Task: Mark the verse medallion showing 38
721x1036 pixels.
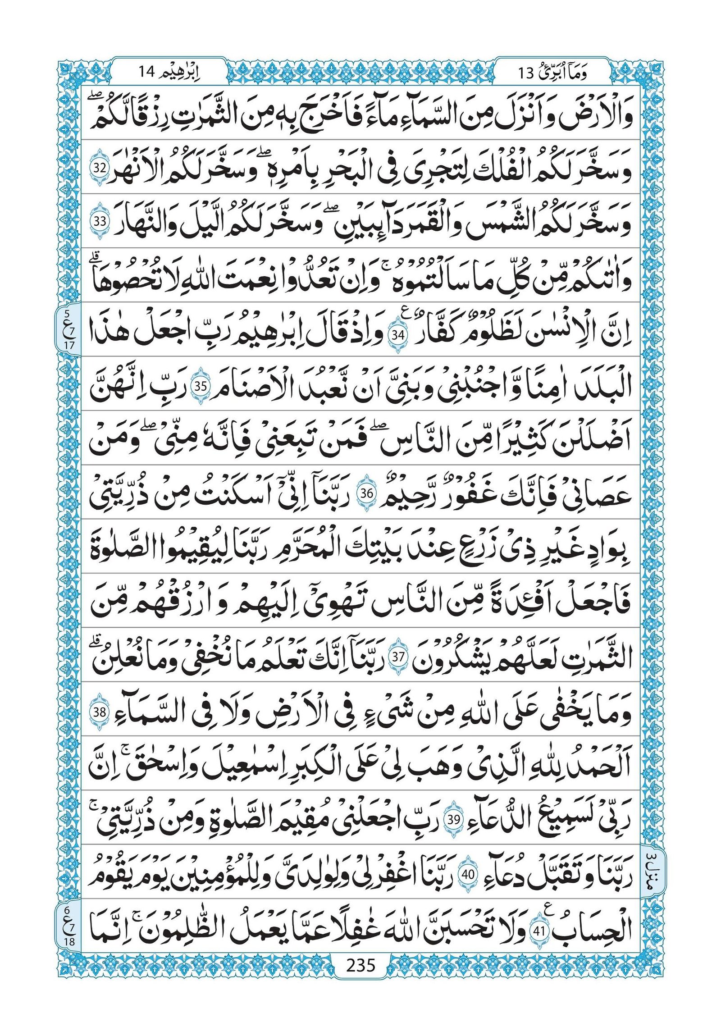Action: tap(99, 713)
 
